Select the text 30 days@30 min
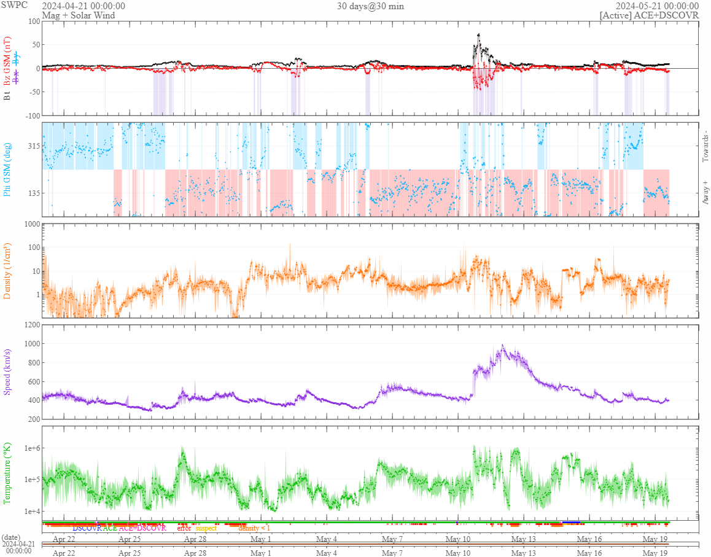click(370, 6)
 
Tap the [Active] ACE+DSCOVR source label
click(649, 15)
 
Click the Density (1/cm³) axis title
click(8, 271)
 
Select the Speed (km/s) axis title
click(8, 371)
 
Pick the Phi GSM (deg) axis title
click(8, 169)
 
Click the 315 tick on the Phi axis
click(32, 146)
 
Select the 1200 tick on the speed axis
click(29, 324)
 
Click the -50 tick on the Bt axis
click(32, 92)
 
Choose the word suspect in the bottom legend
click(206, 528)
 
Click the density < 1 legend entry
click(254, 528)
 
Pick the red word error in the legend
click(184, 528)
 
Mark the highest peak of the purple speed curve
click(503, 346)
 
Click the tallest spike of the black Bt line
click(479, 35)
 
